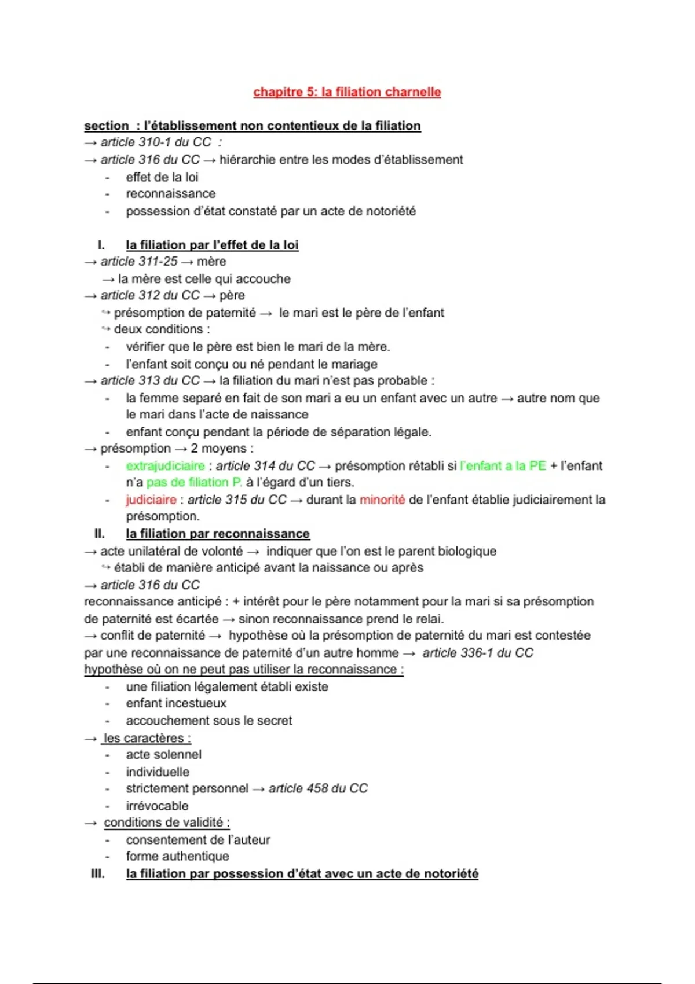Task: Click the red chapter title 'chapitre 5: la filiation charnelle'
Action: [347, 92]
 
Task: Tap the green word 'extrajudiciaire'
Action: [165, 466]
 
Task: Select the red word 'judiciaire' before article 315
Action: [151, 500]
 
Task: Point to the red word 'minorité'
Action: [382, 500]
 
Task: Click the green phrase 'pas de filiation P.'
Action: [194, 482]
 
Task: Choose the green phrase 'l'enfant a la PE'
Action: [503, 466]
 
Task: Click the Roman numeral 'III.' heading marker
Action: [98, 873]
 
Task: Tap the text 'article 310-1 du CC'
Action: [155, 142]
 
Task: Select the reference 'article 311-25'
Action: [139, 262]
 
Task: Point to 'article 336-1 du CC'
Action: [477, 653]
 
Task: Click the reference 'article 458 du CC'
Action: [318, 788]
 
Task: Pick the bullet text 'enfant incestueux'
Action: [176, 703]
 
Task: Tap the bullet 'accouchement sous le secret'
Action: [209, 721]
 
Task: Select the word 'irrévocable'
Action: [157, 806]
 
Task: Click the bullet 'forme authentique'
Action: [177, 856]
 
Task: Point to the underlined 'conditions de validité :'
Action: [166, 823]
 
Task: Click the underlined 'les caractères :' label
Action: [147, 739]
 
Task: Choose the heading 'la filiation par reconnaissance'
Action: [217, 534]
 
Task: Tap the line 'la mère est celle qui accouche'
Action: [204, 279]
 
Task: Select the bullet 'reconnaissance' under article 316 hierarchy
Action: [170, 194]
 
